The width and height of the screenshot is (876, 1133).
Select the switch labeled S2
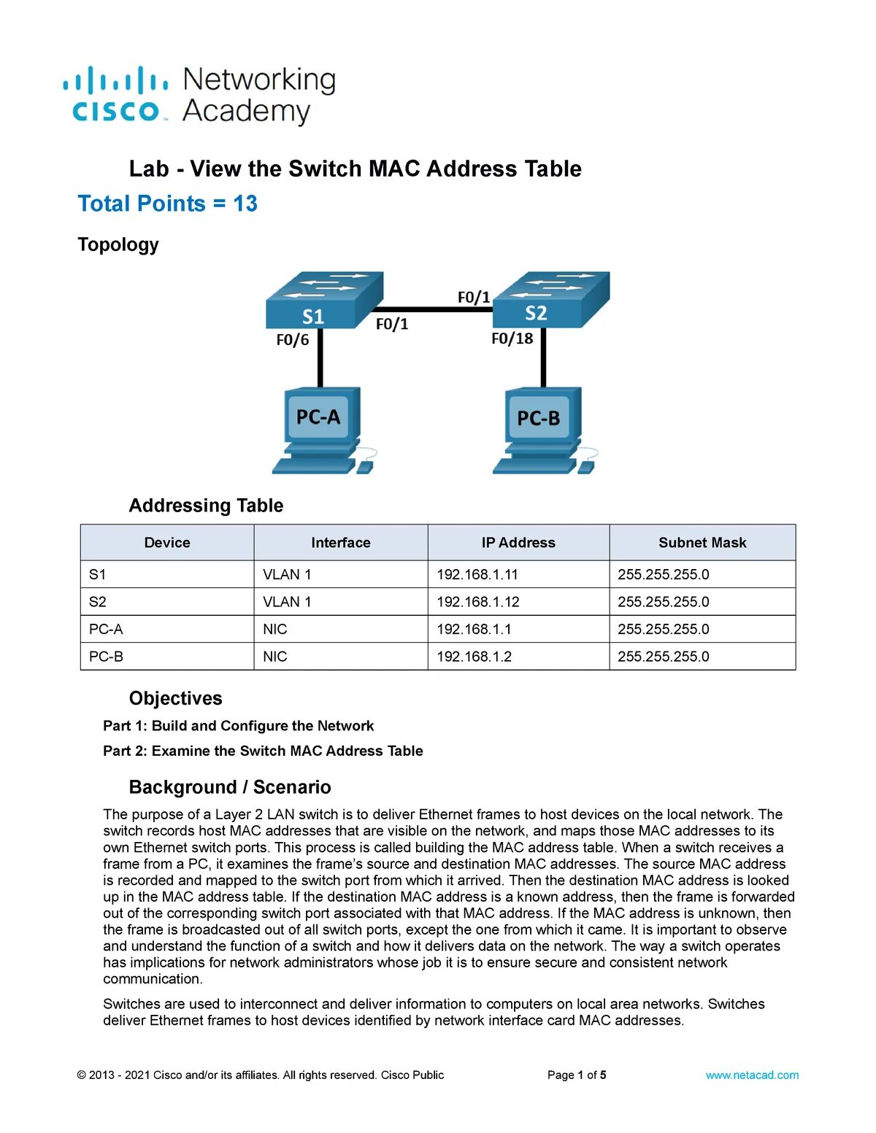point(551,299)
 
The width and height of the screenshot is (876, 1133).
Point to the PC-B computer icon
point(542,430)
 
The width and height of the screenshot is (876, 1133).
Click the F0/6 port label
point(292,340)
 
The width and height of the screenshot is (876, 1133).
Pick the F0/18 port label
point(512,339)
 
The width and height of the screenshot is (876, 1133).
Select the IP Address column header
point(518,543)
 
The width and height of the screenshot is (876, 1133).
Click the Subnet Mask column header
point(702,543)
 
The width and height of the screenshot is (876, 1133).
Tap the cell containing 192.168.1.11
point(477,575)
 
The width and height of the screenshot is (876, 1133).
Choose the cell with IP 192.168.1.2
point(474,657)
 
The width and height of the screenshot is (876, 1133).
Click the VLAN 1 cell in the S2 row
point(287,602)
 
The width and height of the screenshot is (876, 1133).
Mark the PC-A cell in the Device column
point(107,629)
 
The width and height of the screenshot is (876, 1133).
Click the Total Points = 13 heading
point(168,204)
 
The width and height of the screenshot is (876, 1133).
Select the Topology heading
point(118,244)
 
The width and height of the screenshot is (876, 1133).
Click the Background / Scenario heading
point(230,787)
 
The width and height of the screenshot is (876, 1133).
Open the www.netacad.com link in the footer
point(752,1075)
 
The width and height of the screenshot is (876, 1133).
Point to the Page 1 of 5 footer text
point(577,1075)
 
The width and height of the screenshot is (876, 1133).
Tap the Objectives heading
point(176,698)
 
